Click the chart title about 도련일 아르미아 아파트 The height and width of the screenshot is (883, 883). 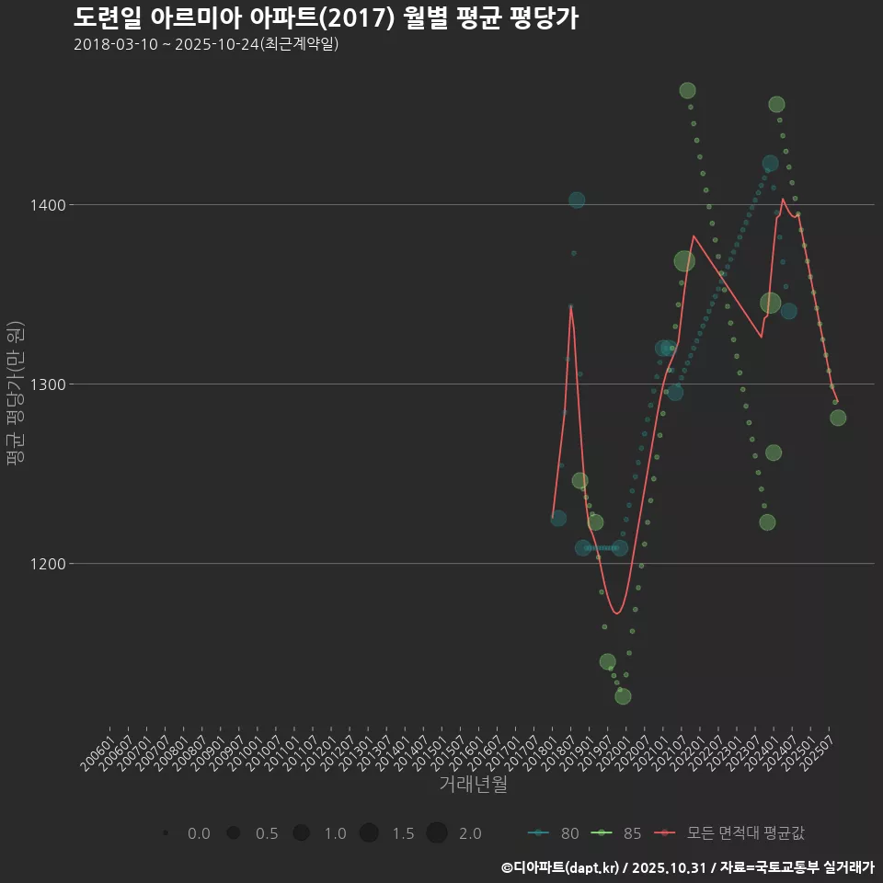(326, 17)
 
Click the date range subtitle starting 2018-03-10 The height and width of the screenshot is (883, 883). (206, 44)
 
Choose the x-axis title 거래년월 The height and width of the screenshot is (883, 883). (473, 785)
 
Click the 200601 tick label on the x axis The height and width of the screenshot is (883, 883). (98, 747)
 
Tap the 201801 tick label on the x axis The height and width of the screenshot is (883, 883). (542, 747)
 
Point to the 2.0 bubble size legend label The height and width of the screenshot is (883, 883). (470, 833)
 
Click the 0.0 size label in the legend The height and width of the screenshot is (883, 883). (199, 833)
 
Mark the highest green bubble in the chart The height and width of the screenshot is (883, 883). (687, 90)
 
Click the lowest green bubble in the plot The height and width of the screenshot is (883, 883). (623, 696)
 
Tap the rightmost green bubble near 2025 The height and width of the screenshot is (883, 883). (838, 418)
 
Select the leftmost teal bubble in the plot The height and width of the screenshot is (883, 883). (558, 519)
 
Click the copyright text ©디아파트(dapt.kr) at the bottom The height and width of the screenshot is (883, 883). (687, 867)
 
